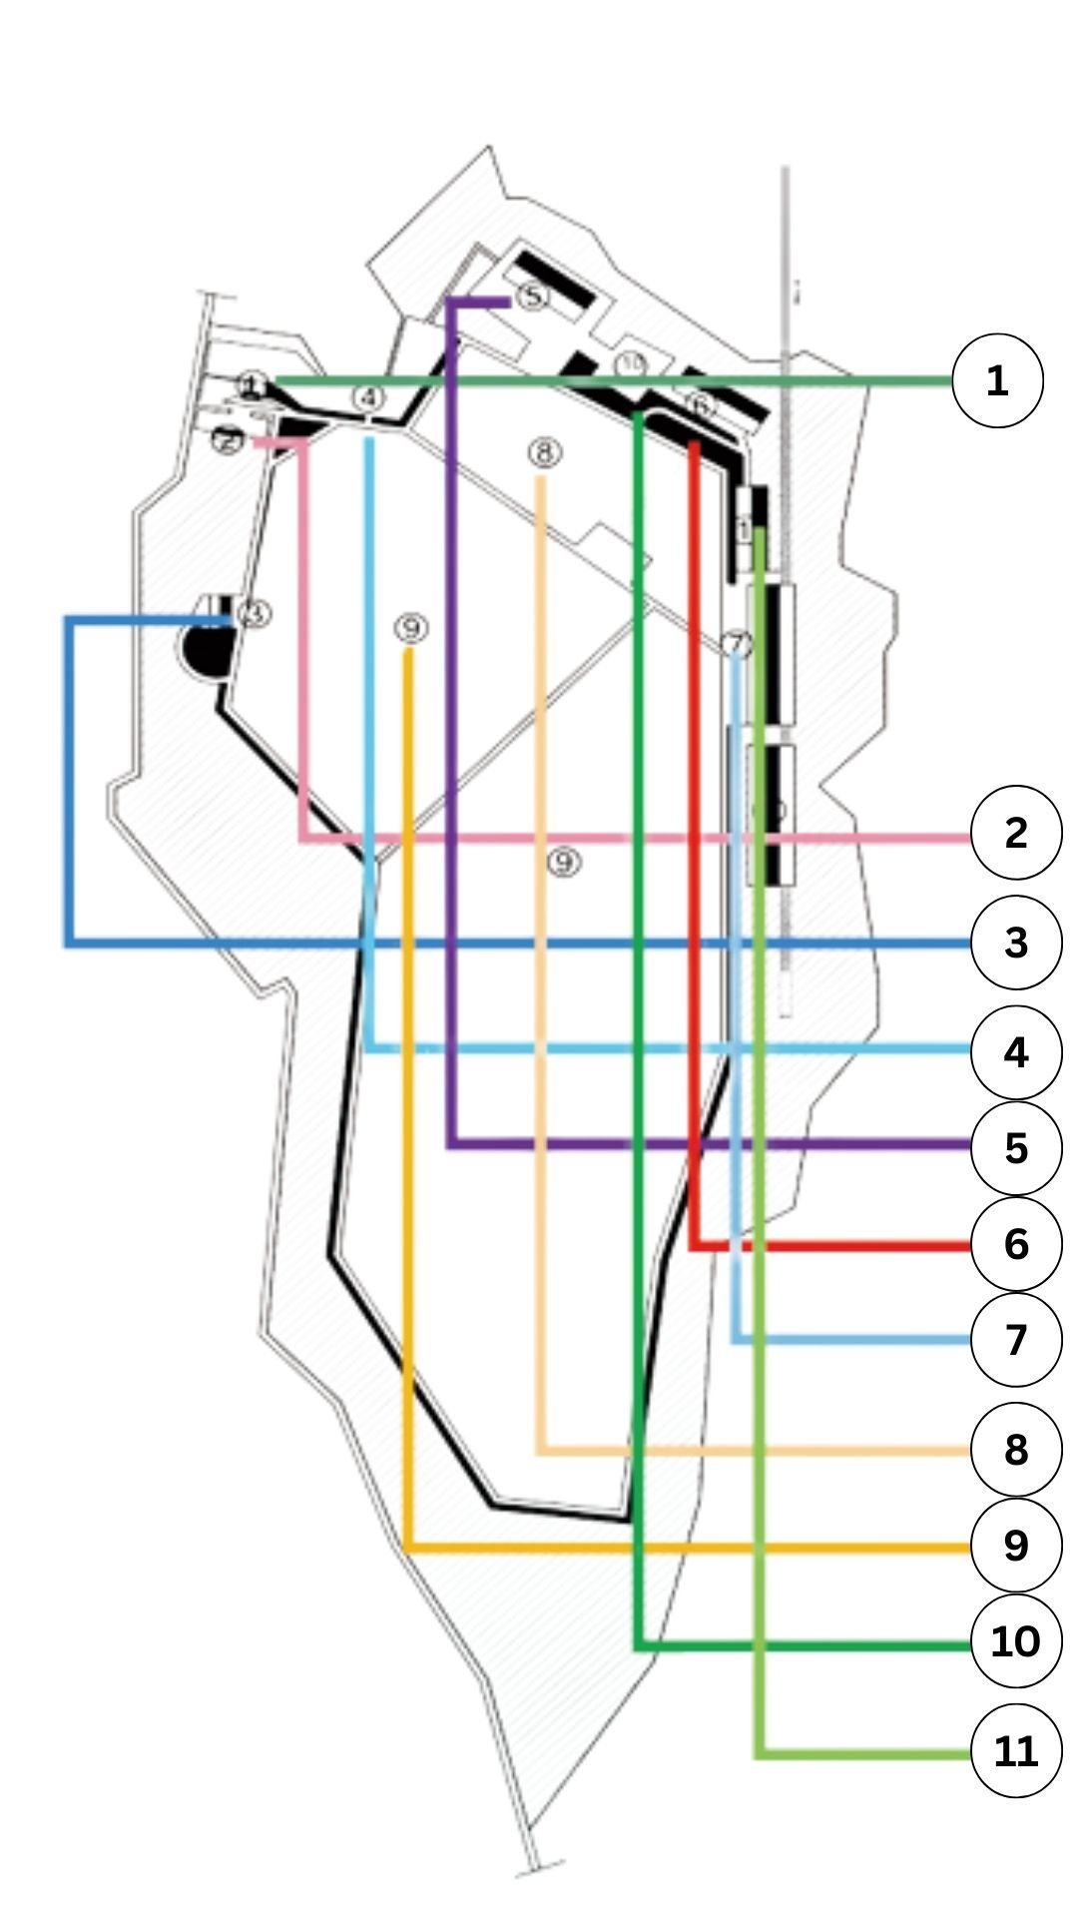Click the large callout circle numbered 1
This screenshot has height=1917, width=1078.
tap(997, 380)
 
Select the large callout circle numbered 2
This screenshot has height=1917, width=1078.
tap(1016, 833)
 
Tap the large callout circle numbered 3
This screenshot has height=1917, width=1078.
tap(1016, 943)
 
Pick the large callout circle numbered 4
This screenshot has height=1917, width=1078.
tap(1016, 1051)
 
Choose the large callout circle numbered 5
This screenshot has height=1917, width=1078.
tap(1016, 1147)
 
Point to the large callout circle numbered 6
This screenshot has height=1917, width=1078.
tap(1016, 1244)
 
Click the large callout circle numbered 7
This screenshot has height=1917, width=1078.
tap(1016, 1339)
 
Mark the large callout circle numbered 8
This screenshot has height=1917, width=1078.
tap(1016, 1449)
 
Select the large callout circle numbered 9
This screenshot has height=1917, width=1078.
tap(1016, 1545)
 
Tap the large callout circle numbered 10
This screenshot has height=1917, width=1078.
tap(1016, 1641)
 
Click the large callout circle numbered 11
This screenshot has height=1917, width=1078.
tap(1016, 1750)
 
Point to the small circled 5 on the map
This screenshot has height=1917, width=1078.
tap(533, 297)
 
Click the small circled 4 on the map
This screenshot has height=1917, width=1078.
tap(369, 397)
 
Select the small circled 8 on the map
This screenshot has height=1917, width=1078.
tap(544, 454)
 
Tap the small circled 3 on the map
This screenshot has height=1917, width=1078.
tap(256, 613)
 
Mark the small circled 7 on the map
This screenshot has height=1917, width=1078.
tap(738, 643)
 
